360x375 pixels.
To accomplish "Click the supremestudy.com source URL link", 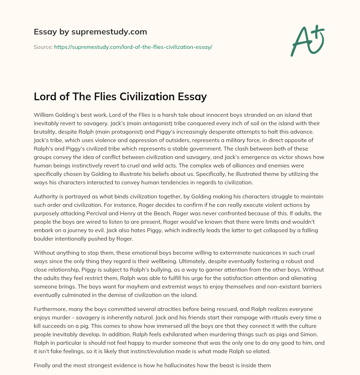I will pyautogui.click(x=133, y=46).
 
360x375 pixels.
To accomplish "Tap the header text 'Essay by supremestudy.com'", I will pyautogui.click(x=90, y=32).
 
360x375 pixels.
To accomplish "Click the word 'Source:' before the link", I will pyautogui.click(x=43, y=46).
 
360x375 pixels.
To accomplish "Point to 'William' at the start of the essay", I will pyautogui.click(x=44, y=115).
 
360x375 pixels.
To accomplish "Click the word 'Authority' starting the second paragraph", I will pyautogui.click(x=46, y=196).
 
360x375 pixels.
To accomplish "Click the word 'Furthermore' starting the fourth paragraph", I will pyautogui.click(x=50, y=309).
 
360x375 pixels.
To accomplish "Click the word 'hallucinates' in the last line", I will pyautogui.click(x=166, y=366).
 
